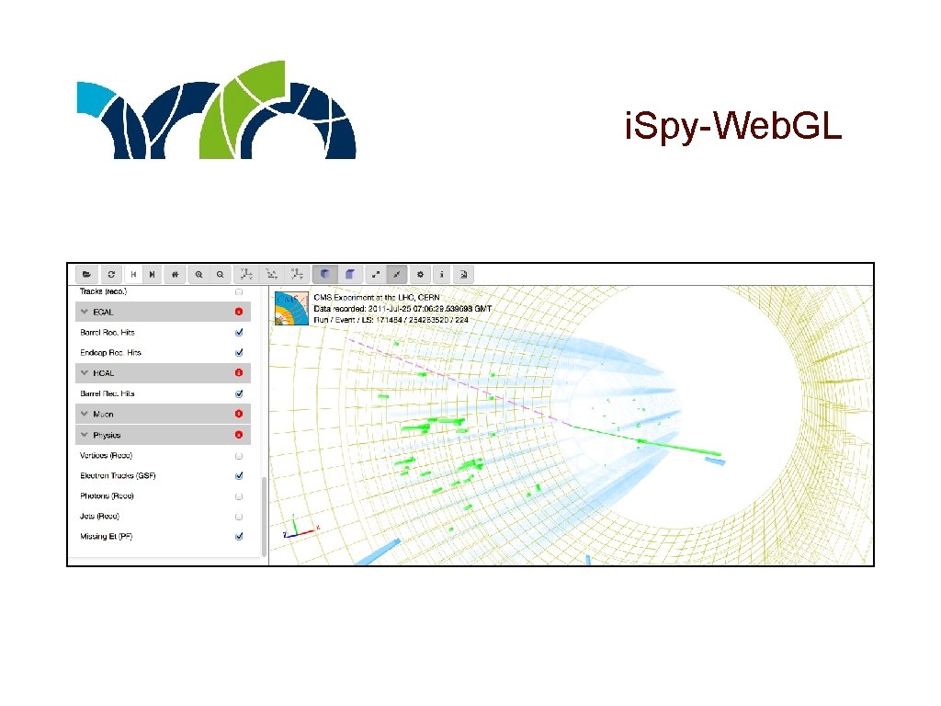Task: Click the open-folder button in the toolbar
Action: pos(86,274)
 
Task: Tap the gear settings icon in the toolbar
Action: pos(420,274)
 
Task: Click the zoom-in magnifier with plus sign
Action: pos(198,274)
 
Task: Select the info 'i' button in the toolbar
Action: pos(442,274)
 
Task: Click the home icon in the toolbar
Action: pos(176,274)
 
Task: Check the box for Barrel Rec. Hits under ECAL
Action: pos(239,332)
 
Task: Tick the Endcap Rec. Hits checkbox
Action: pos(239,352)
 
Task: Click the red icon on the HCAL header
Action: pos(239,373)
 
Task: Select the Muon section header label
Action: pos(104,415)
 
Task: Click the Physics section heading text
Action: pos(107,435)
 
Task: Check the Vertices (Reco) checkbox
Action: pos(239,455)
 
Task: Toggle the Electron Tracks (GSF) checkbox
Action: pos(239,475)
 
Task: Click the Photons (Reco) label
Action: pos(107,495)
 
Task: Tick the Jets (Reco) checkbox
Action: pos(239,516)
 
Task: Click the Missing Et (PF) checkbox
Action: pos(239,536)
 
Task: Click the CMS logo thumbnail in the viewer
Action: pos(289,307)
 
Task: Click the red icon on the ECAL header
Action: pos(239,313)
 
